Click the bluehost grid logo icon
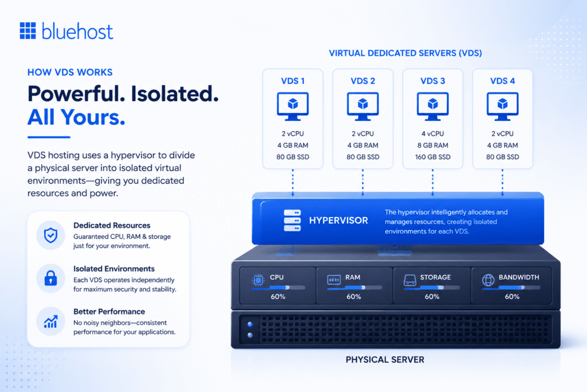coord(28,30)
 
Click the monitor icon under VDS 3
coord(432,106)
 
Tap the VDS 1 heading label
coord(293,81)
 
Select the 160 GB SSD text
coord(432,157)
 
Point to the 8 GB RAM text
coord(432,145)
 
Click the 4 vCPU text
coord(432,134)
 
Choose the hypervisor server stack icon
coord(292,220)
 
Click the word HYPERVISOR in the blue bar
coord(338,220)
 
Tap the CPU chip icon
coord(258,280)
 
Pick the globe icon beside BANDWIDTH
coord(488,280)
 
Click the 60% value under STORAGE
coord(432,297)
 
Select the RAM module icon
coord(334,280)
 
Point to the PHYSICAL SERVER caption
coord(385,360)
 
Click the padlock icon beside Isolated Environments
coord(50,278)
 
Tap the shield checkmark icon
coord(50,235)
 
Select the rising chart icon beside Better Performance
coord(50,321)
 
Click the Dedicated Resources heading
coord(112,225)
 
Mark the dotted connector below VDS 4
coord(502,182)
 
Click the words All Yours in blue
coord(76,117)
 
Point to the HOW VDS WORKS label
coord(70,72)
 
